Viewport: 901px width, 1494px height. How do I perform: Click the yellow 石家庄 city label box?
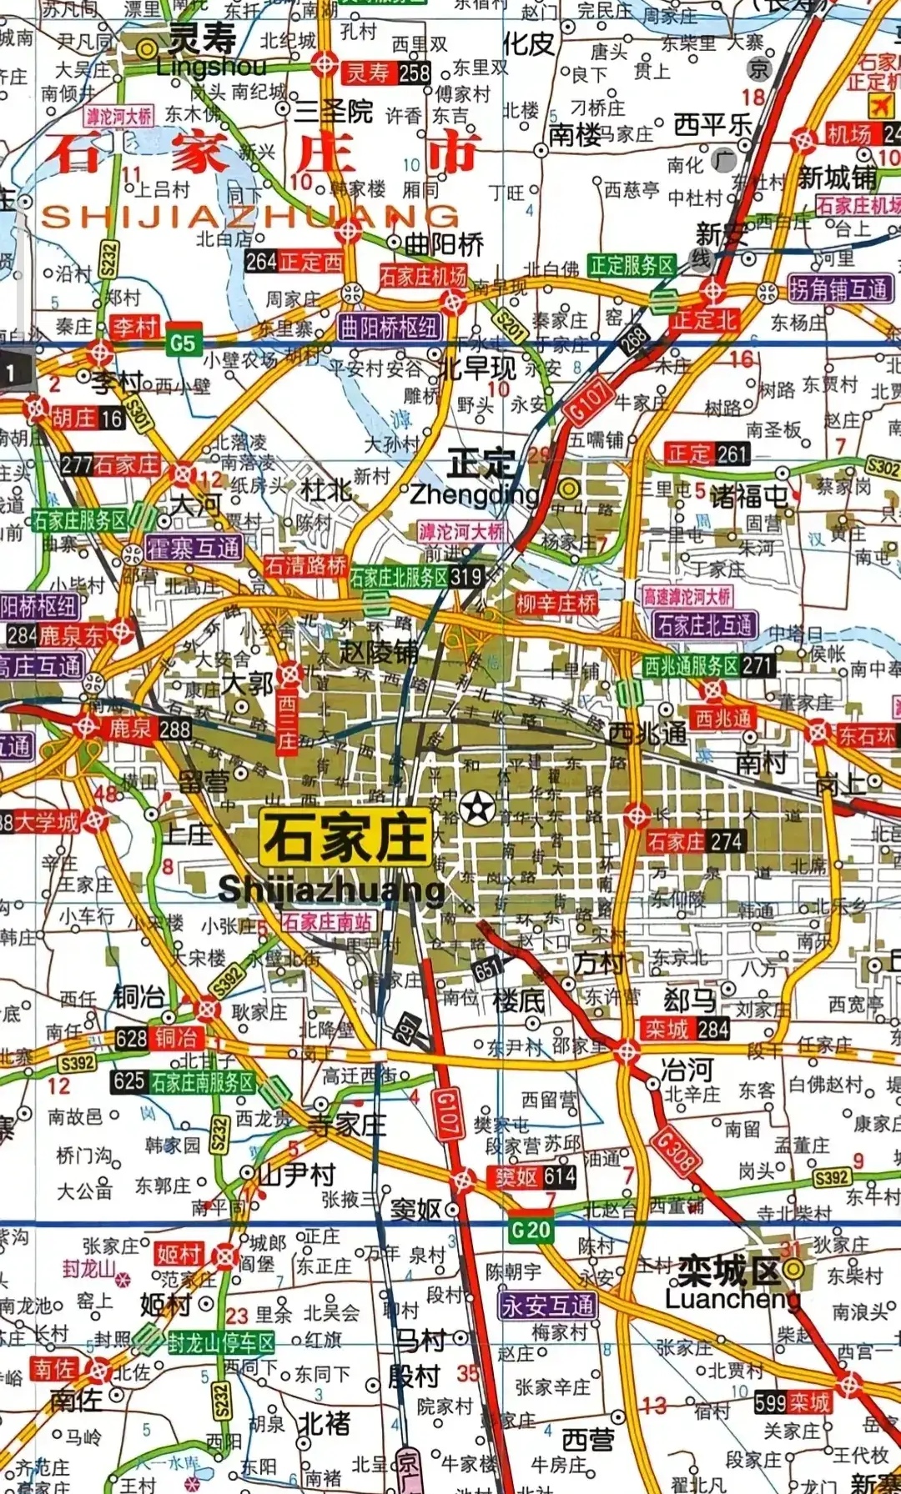[x=347, y=838]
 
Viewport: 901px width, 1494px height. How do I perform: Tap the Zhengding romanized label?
[x=474, y=494]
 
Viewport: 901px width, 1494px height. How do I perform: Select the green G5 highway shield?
[x=182, y=343]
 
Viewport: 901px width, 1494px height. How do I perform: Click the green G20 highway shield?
[x=531, y=1229]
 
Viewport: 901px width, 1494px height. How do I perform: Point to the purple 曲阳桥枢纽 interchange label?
[x=389, y=327]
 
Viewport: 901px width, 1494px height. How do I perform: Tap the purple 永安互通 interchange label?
[x=548, y=1306]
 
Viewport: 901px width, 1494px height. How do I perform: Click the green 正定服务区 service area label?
[x=632, y=266]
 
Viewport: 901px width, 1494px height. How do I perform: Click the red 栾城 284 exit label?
[x=686, y=1029]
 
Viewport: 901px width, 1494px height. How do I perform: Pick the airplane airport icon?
[x=881, y=105]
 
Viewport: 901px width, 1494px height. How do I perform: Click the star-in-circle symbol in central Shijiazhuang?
[x=477, y=808]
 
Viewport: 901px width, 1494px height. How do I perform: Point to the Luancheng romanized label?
[x=732, y=1299]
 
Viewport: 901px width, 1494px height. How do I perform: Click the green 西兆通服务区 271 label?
[x=708, y=665]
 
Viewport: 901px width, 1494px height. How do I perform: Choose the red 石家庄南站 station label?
[x=327, y=922]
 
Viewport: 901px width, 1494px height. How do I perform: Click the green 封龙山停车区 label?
[x=220, y=1343]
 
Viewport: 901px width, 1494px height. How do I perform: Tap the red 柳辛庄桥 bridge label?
[x=556, y=603]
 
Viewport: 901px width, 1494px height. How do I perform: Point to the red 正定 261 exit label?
[x=707, y=454]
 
